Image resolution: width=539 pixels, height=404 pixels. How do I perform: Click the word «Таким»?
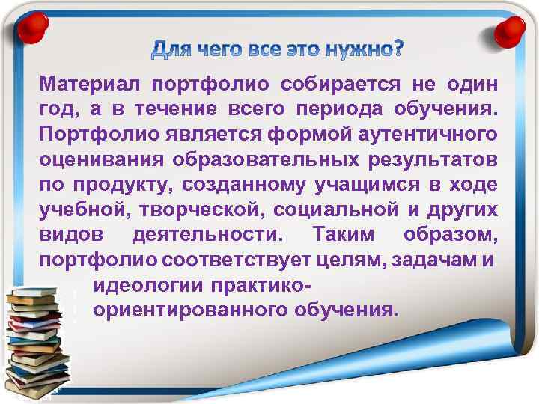click(x=344, y=237)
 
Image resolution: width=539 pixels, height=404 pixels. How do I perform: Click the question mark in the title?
click(x=395, y=49)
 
